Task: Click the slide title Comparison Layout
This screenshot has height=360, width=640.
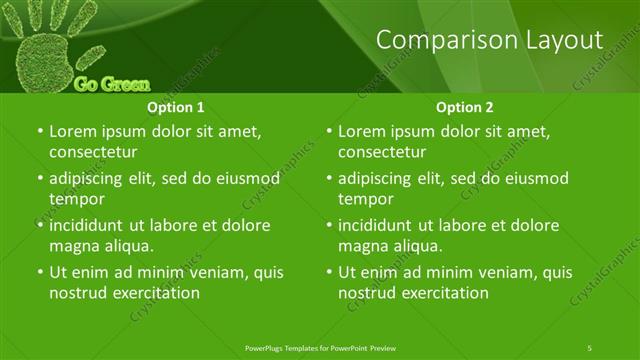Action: [x=490, y=40]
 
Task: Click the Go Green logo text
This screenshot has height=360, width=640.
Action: [x=112, y=84]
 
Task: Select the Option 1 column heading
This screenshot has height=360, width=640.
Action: [x=176, y=107]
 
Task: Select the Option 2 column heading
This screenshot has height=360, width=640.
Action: [x=465, y=107]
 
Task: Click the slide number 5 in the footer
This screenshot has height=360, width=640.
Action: [x=590, y=347]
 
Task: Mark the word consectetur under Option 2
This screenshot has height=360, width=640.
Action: [x=382, y=152]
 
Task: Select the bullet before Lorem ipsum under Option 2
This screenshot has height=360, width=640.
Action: [x=329, y=131]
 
